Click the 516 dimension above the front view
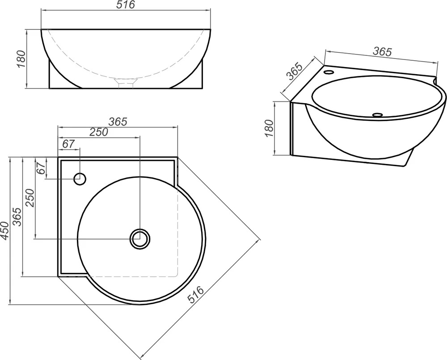coord(126,4)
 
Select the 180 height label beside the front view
coord(21,59)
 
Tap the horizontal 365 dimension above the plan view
coord(118,121)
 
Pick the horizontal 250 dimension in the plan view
coord(99,132)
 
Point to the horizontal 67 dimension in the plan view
coord(68,144)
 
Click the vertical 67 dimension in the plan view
coord(41,168)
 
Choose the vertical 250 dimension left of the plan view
coord(30,198)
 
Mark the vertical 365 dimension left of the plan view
coord(17,217)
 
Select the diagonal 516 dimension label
coord(196,294)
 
